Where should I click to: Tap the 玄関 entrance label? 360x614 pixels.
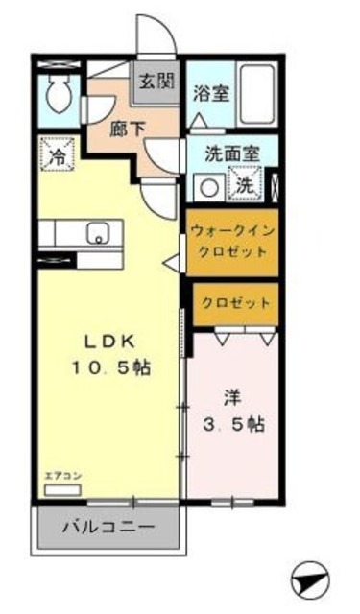[x=156, y=81]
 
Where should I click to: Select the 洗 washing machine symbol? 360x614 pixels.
[x=246, y=184]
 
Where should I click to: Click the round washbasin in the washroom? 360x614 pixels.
[x=205, y=185]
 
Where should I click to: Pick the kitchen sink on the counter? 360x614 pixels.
[x=97, y=232]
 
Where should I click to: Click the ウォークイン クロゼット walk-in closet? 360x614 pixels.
[x=231, y=241]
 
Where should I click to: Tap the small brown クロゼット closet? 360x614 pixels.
[x=235, y=302]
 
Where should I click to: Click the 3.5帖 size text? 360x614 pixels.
[x=235, y=423]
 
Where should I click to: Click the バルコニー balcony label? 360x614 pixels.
[x=108, y=527]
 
